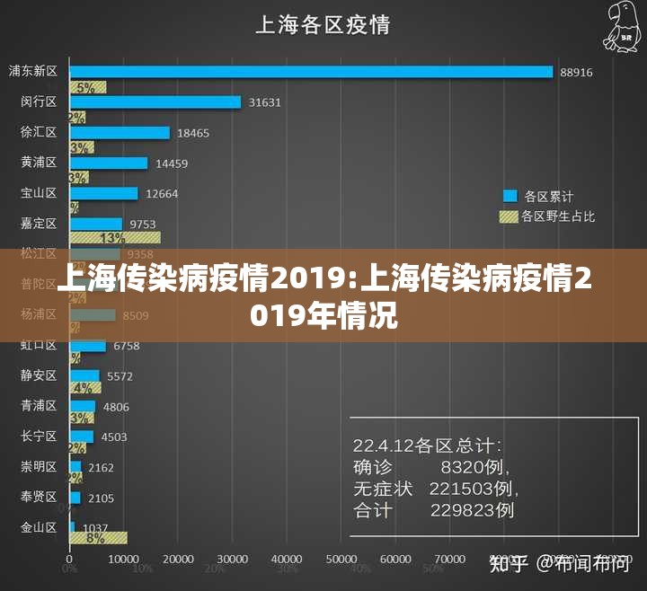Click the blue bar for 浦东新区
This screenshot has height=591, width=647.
(311, 72)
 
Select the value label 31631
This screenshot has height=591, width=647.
(265, 102)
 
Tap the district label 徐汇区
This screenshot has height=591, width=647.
(39, 132)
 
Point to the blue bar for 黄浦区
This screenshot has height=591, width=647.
(109, 163)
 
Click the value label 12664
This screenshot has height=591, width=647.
(162, 194)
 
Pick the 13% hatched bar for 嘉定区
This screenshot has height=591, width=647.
(115, 237)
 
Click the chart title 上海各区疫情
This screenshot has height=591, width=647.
(323, 24)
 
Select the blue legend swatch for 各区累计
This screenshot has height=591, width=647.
(510, 196)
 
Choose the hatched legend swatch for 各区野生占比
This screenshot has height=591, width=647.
(510, 216)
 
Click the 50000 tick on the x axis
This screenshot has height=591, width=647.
(341, 559)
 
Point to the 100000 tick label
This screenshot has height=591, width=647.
(613, 559)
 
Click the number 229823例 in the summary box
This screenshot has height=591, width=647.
(472, 510)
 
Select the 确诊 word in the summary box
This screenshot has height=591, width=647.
(372, 467)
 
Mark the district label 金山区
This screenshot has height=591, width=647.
(39, 527)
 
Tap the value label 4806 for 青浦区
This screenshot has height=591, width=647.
(116, 407)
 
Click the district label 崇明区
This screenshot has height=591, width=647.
(39, 467)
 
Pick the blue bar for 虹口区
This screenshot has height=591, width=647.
(88, 346)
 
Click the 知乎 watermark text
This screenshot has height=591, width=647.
(509, 564)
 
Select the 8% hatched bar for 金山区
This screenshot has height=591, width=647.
(98, 537)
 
